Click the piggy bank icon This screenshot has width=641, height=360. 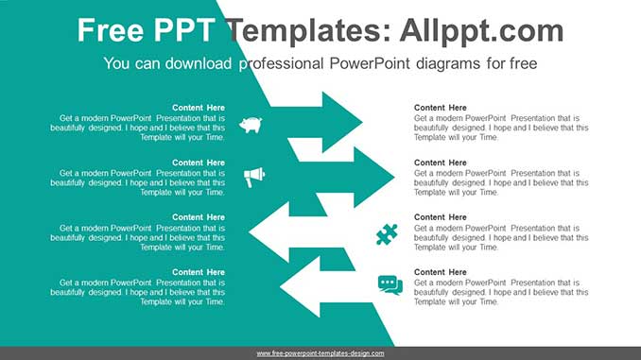251,125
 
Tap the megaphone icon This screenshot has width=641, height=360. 254,177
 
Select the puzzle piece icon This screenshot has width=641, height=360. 387,233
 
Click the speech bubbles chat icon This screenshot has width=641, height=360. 390,284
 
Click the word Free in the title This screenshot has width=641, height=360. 111,31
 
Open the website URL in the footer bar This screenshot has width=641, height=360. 320,353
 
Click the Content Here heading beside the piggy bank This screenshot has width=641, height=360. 199,108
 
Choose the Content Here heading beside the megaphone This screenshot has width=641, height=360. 199,163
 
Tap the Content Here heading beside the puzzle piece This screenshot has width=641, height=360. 440,217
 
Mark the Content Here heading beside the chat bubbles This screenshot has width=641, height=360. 440,272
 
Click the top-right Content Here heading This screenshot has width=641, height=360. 440,108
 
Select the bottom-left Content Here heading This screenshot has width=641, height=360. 199,272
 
